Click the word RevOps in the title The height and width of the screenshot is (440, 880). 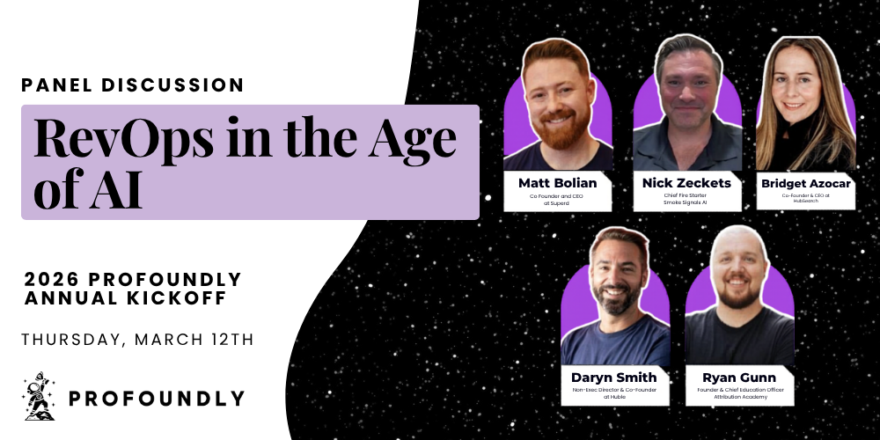point(123,137)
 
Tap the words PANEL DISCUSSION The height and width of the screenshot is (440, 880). point(133,85)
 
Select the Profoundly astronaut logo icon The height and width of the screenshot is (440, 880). point(39,396)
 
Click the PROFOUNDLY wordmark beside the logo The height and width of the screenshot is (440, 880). point(157,399)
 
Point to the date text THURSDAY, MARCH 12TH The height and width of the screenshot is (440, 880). point(137,340)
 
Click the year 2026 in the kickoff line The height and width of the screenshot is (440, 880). point(52,279)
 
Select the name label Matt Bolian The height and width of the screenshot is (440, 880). point(557,183)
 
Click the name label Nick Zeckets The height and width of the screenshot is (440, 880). point(686,183)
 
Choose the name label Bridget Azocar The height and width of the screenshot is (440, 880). point(805,184)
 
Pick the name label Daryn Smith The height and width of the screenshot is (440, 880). point(614,378)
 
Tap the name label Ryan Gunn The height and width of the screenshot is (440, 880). point(739,378)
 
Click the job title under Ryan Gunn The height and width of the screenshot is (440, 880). point(740,392)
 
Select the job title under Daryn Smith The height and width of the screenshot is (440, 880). point(614,392)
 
